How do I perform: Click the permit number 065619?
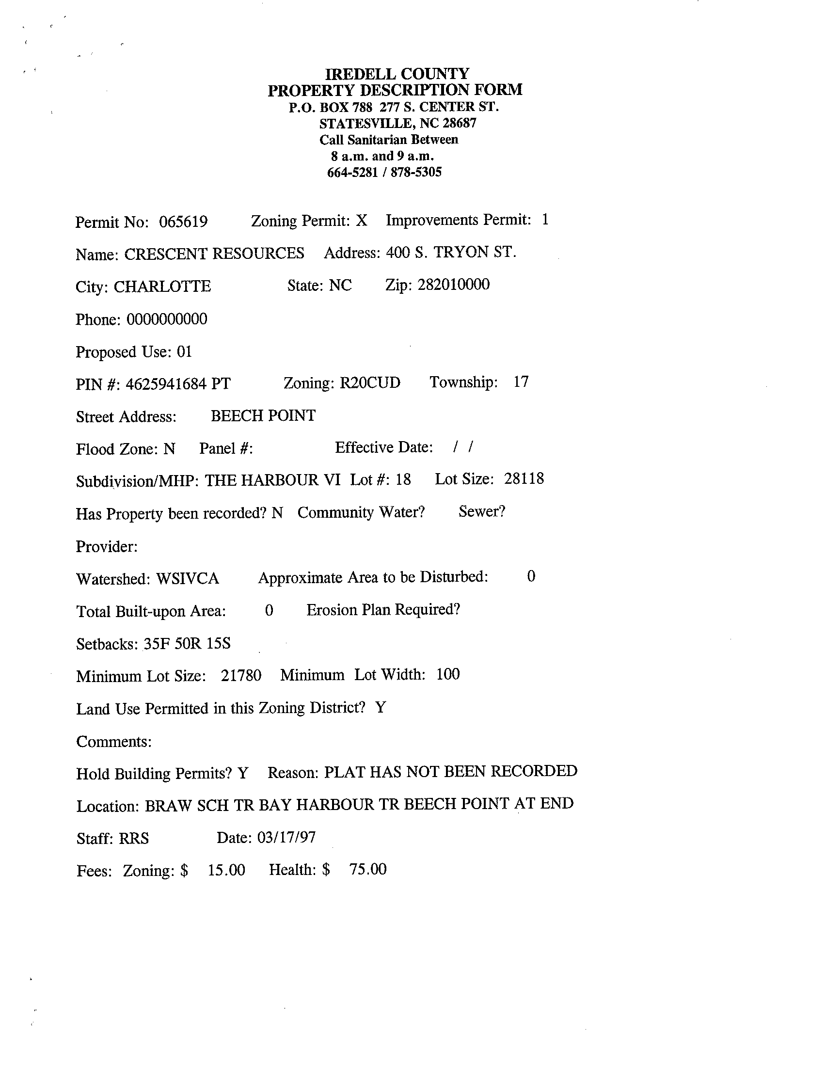183,222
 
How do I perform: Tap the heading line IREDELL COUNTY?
397,74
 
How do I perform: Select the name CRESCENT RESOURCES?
214,254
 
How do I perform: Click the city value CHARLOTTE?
162,286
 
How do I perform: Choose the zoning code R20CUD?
369,383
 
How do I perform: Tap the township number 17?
521,382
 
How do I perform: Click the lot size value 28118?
524,479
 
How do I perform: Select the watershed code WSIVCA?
187,579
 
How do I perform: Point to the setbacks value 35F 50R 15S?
187,644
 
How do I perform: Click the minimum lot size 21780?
241,676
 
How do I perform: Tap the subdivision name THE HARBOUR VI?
272,480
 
